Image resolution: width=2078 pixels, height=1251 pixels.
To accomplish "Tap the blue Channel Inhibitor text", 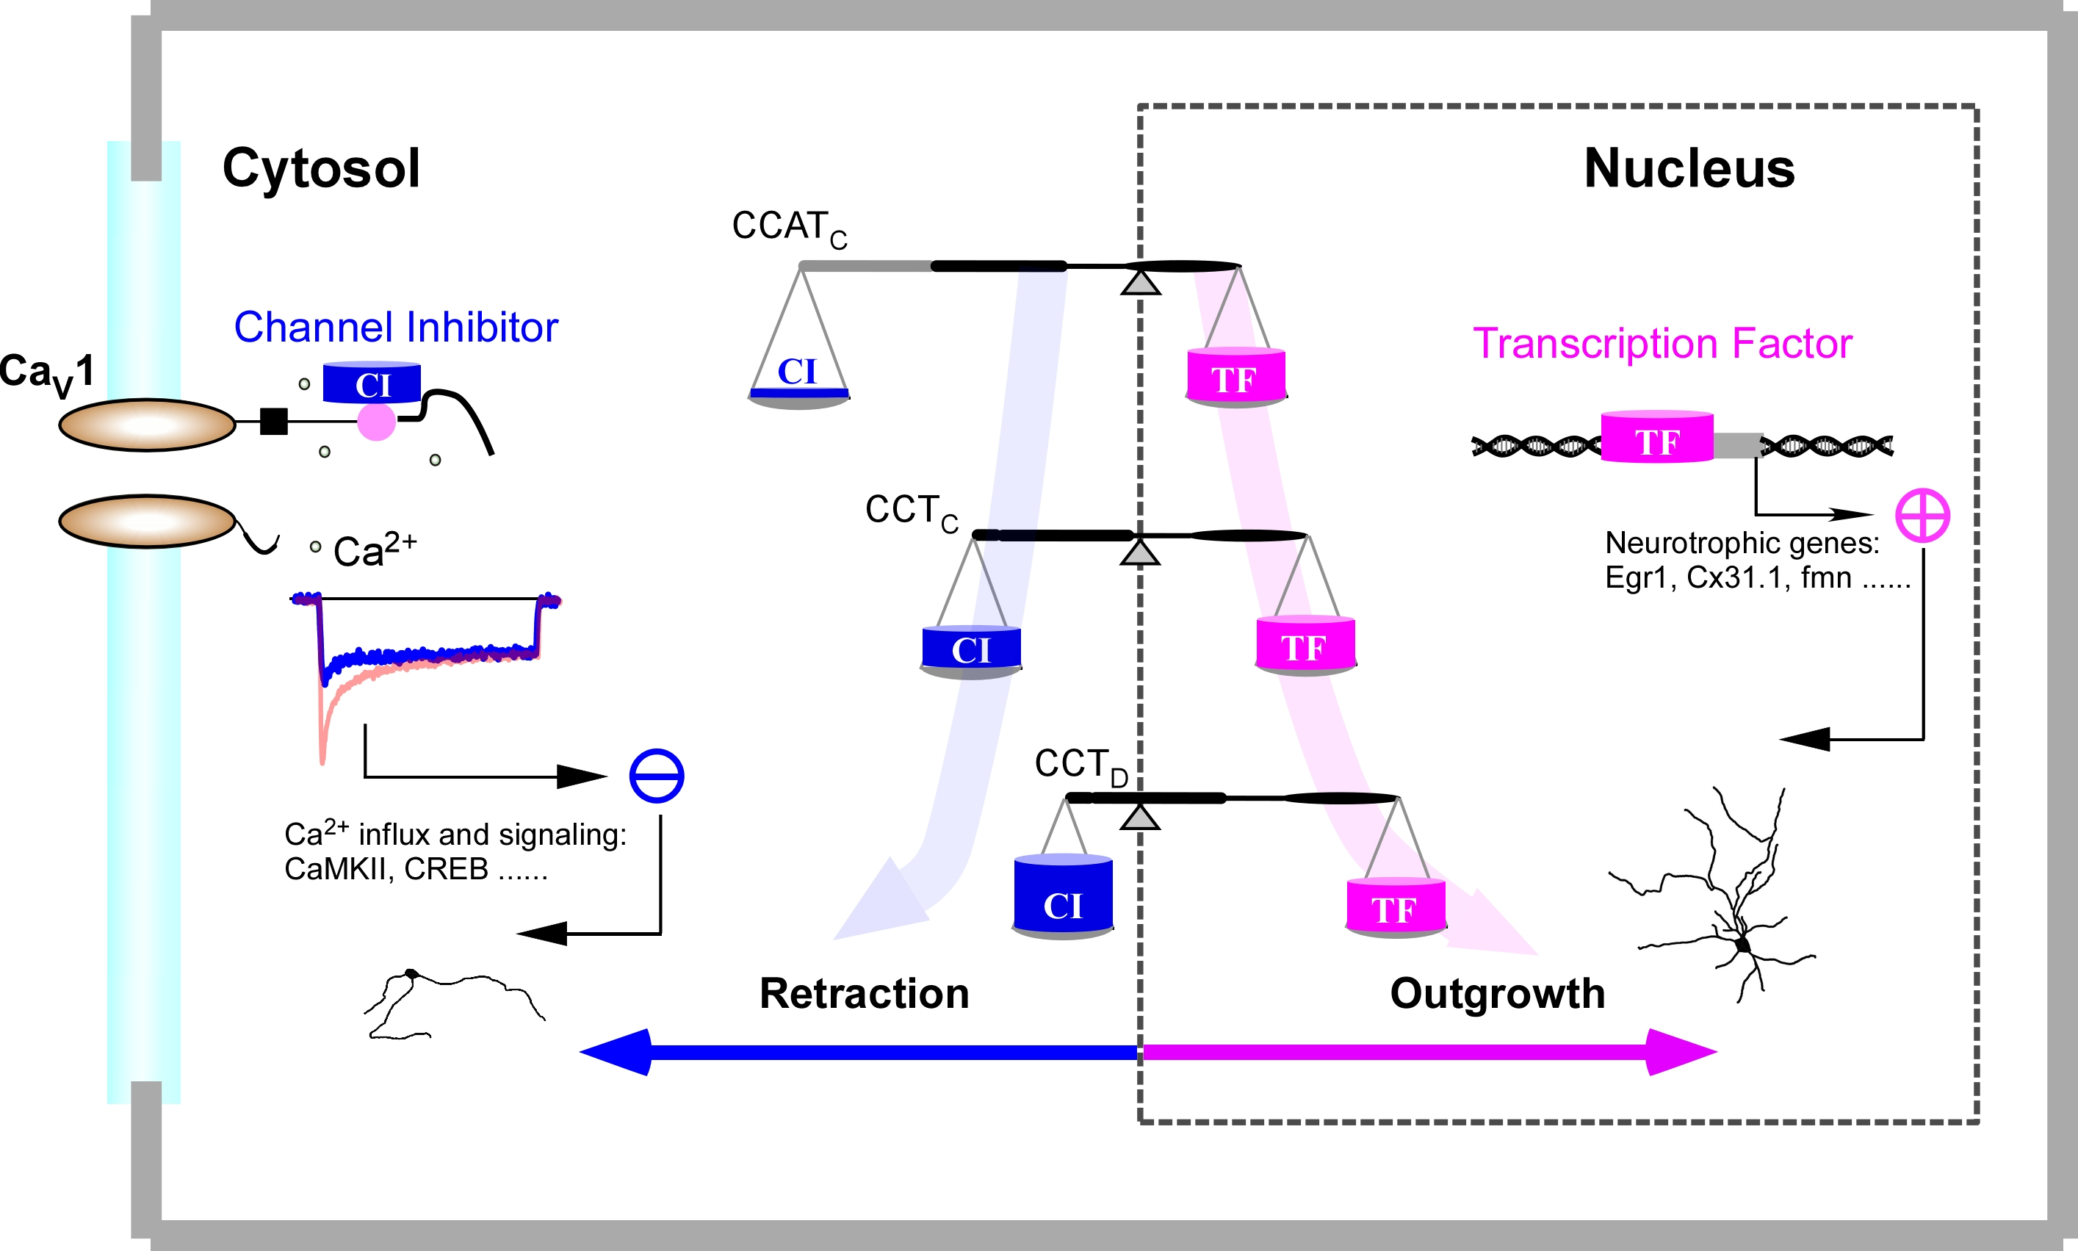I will [x=395, y=327].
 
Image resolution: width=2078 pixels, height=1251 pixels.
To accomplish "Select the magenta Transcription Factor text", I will [x=1662, y=343].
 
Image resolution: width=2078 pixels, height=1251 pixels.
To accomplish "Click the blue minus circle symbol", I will [x=657, y=776].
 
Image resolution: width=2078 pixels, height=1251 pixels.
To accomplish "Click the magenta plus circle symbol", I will [x=1922, y=515].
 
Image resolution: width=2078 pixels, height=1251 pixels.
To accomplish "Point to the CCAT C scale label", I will [x=789, y=228].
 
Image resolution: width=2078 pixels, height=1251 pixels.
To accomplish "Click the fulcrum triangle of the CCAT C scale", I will [x=1140, y=282].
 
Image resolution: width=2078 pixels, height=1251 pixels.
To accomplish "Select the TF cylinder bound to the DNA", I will [x=1656, y=438].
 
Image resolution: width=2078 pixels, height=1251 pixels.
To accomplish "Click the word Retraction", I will [x=864, y=993].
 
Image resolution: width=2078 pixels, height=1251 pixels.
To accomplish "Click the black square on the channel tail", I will [x=274, y=421].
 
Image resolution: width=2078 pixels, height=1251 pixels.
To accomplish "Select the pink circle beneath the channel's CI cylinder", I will [x=376, y=422].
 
